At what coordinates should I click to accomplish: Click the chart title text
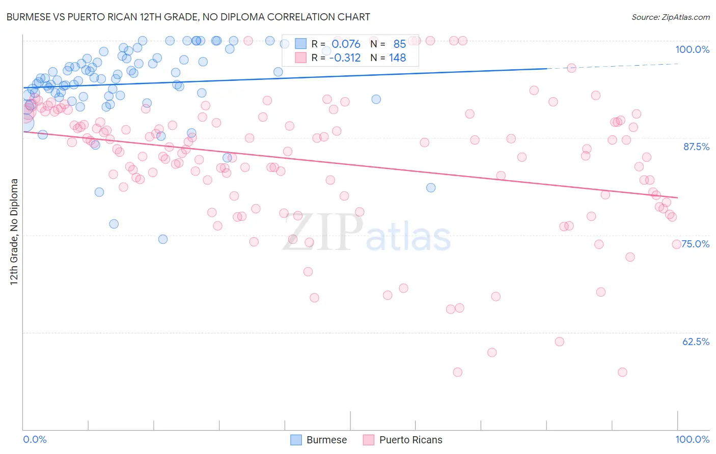188,17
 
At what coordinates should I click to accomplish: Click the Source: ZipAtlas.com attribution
670,17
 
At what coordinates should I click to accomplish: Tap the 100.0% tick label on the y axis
692,49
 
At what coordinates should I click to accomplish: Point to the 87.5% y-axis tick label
696,147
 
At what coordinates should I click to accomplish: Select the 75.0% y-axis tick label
696,244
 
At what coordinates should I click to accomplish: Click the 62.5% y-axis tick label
696,342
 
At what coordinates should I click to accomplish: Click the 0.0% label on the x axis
35,439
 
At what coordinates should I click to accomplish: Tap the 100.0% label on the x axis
692,439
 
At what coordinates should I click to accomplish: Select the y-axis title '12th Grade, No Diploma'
14,232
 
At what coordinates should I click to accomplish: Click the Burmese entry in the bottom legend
326,440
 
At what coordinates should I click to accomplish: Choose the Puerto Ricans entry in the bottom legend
410,440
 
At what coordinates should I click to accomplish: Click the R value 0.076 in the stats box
346,44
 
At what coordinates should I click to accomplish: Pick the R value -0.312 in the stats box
345,58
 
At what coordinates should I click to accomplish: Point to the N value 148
397,58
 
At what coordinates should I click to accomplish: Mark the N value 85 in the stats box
399,44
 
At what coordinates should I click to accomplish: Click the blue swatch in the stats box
300,44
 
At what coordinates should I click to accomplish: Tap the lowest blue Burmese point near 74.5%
163,239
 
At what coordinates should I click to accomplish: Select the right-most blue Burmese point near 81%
431,188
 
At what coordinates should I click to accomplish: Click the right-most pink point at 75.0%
676,244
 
